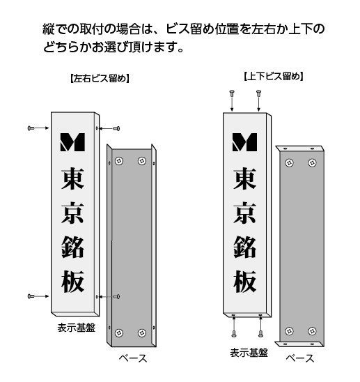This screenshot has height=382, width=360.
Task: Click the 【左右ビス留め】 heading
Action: pyautogui.click(x=100, y=79)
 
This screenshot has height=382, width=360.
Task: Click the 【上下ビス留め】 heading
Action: pyautogui.click(x=274, y=77)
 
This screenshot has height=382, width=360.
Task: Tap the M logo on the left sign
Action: pyautogui.click(x=72, y=142)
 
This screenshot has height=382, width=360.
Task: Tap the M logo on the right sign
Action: pyautogui.click(x=244, y=142)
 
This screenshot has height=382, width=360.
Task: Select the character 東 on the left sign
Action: pyautogui.click(x=72, y=178)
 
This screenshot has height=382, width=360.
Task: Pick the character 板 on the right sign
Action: pyautogui.click(x=244, y=282)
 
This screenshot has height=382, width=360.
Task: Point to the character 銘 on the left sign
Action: pyautogui.click(x=72, y=247)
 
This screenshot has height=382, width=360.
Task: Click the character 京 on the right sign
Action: pyautogui.click(x=244, y=213)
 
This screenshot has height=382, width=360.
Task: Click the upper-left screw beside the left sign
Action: pyautogui.click(x=31, y=128)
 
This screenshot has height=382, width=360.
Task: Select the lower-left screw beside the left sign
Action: pyautogui.click(x=31, y=296)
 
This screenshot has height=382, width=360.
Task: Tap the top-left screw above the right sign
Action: pyautogui.click(x=232, y=93)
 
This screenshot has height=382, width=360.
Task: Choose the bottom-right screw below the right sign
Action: pyautogui.click(x=260, y=333)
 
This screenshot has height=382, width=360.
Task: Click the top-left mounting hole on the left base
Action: pyautogui.click(x=119, y=161)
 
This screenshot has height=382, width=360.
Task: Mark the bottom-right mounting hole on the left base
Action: pyautogui.click(x=142, y=333)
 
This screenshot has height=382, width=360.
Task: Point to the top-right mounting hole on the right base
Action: pyautogui.click(x=312, y=162)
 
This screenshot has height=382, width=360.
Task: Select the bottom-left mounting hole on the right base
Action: pyautogui.click(x=289, y=331)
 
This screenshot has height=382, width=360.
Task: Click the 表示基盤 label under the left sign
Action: pyautogui.click(x=76, y=328)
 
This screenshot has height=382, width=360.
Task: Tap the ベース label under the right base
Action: pyautogui.click(x=300, y=358)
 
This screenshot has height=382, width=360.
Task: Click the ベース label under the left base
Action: pyautogui.click(x=133, y=358)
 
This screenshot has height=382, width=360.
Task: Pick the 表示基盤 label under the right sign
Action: pyautogui.click(x=249, y=353)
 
